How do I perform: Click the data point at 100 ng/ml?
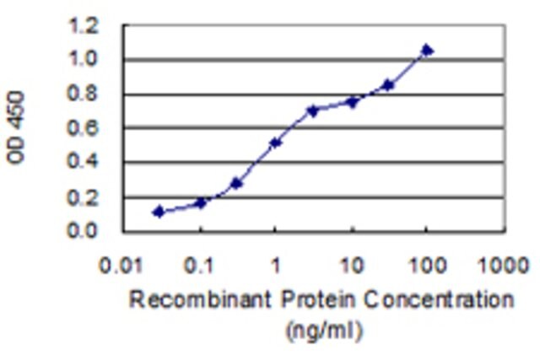[x=427, y=51]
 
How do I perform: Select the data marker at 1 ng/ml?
[x=276, y=142]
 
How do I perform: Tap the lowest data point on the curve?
[x=159, y=212]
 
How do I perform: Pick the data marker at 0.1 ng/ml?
[x=201, y=203]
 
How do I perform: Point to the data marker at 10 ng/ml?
[x=353, y=102]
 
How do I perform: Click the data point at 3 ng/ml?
[x=313, y=110]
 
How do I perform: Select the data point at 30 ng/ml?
[x=388, y=84]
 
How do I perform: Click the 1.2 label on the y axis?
[x=83, y=26]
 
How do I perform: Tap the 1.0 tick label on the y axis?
[x=83, y=59]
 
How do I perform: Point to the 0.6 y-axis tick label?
[x=83, y=128]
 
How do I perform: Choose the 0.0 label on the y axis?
[x=83, y=230]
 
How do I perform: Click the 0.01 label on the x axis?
[x=121, y=266]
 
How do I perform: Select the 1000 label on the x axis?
[x=504, y=266]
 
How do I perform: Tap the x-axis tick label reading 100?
[x=428, y=266]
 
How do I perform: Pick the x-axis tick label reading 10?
[x=352, y=266]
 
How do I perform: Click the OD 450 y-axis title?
[x=16, y=127]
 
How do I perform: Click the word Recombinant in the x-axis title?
[x=200, y=299]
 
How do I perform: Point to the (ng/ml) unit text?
[x=324, y=330]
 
